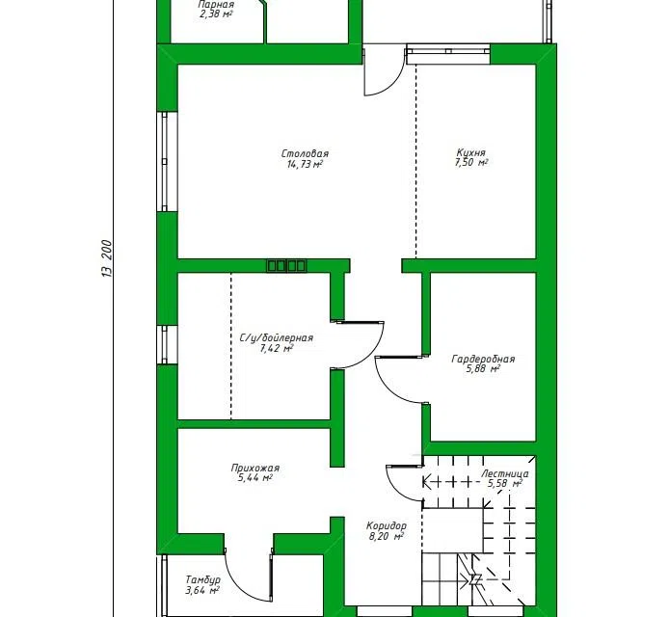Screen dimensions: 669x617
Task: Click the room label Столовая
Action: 305,153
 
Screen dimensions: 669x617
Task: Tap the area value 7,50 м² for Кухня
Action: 471,163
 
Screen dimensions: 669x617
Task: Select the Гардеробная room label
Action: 483,359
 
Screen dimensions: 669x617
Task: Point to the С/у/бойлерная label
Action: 277,338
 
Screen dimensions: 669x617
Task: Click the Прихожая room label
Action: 255,468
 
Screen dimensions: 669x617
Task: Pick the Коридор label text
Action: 387,525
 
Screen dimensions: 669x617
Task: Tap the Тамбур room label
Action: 202,579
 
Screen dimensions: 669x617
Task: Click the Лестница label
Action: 505,473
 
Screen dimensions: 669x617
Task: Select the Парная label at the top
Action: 216,5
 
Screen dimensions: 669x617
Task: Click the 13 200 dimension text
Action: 107,258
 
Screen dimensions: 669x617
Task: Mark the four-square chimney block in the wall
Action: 286,266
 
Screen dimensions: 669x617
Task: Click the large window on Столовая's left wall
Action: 165,162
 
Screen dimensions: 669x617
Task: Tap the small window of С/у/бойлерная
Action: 165,345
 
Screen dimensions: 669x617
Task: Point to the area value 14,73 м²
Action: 305,164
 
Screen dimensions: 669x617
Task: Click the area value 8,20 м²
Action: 387,536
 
